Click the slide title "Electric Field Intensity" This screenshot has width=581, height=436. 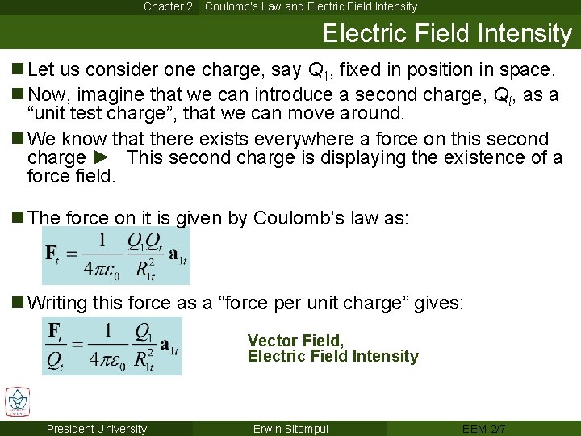click(x=446, y=33)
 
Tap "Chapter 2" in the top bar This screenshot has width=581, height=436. click(x=168, y=6)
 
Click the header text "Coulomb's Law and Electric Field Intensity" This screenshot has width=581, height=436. click(x=311, y=6)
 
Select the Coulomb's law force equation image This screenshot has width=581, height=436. click(x=116, y=256)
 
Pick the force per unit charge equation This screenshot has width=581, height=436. click(x=113, y=346)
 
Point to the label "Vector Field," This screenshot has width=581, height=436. click(x=295, y=341)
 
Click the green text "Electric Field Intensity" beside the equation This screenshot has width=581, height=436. click(x=332, y=356)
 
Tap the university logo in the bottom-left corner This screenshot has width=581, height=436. click(x=17, y=401)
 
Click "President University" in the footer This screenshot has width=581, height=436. click(x=97, y=429)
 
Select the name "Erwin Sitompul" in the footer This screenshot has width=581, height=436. click(x=290, y=429)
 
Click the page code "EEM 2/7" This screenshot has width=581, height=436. click(x=484, y=429)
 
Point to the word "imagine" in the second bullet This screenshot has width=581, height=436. click(x=112, y=95)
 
